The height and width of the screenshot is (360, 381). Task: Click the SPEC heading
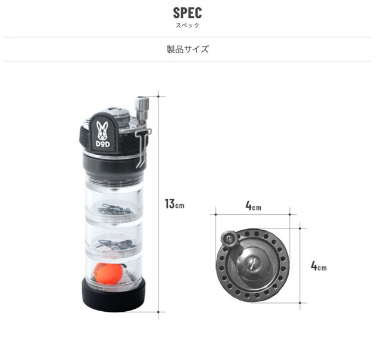tap(188, 12)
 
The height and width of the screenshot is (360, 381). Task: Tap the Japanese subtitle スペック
tap(188, 25)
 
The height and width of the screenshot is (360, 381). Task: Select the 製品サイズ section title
tap(188, 49)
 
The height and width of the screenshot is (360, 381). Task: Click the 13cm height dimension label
tap(174, 204)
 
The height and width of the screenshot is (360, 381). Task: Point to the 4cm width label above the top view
tap(253, 206)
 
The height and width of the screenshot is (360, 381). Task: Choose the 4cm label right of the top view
tap(318, 266)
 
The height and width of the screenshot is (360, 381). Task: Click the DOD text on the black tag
tap(102, 144)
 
